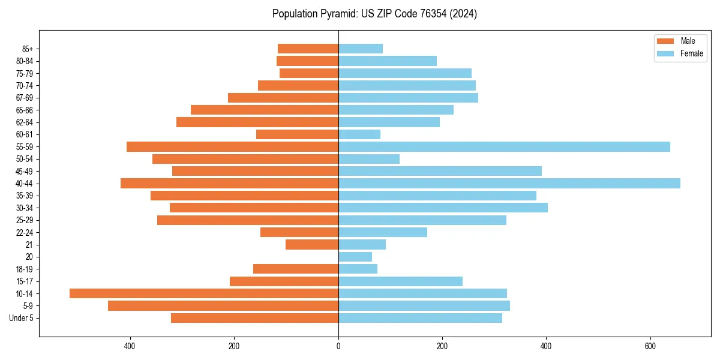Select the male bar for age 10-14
204,293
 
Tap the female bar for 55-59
504,146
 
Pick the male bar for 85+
308,49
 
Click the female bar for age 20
355,257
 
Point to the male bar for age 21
312,244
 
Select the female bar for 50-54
369,159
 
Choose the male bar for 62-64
257,122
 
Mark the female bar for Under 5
420,318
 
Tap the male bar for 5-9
223,305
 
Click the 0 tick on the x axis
338,346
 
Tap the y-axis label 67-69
24,98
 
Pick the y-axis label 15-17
24,281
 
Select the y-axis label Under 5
22,318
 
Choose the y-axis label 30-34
24,208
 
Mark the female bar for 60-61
359,134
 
